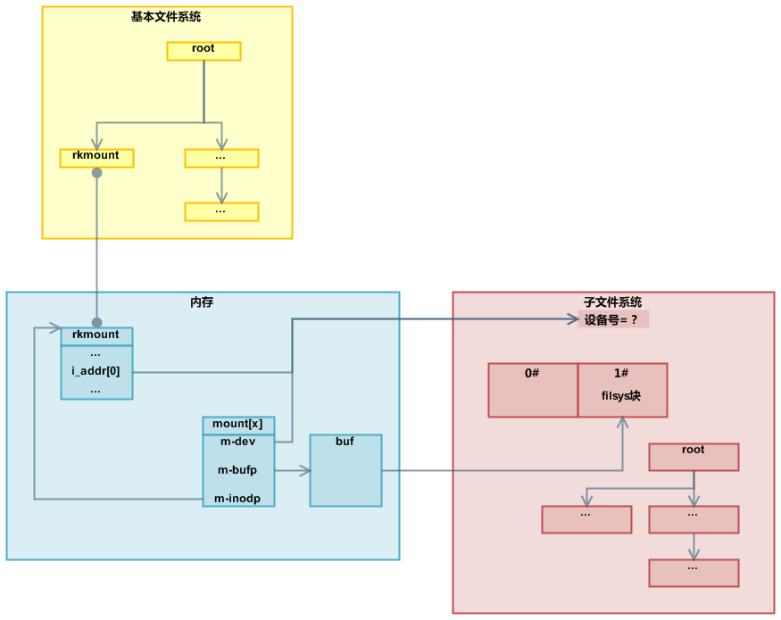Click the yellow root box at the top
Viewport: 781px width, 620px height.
[x=204, y=51]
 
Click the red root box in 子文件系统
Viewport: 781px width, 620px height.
[x=694, y=457]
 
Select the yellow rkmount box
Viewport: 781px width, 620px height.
[x=96, y=158]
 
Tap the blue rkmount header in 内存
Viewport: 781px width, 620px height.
[x=96, y=335]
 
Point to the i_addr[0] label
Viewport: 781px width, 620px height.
[x=96, y=371]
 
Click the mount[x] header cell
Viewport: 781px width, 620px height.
[x=237, y=425]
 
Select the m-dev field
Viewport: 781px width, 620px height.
[x=237, y=442]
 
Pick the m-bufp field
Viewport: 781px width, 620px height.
[x=237, y=469]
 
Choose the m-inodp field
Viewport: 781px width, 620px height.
[x=237, y=498]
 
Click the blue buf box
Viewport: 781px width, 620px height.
[x=345, y=470]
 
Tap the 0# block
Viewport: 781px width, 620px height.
[x=533, y=390]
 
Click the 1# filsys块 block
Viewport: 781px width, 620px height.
[x=622, y=390]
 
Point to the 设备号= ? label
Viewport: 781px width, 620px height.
[x=612, y=319]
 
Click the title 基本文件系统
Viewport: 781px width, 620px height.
[x=166, y=17]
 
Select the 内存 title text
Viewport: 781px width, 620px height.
[x=202, y=302]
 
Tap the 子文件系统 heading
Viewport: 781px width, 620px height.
[x=612, y=302]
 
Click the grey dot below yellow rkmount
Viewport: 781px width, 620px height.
[x=96, y=173]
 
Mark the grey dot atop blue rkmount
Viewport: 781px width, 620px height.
[x=96, y=322]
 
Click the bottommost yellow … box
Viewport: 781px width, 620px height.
[x=221, y=211]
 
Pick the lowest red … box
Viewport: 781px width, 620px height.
[x=694, y=573]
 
